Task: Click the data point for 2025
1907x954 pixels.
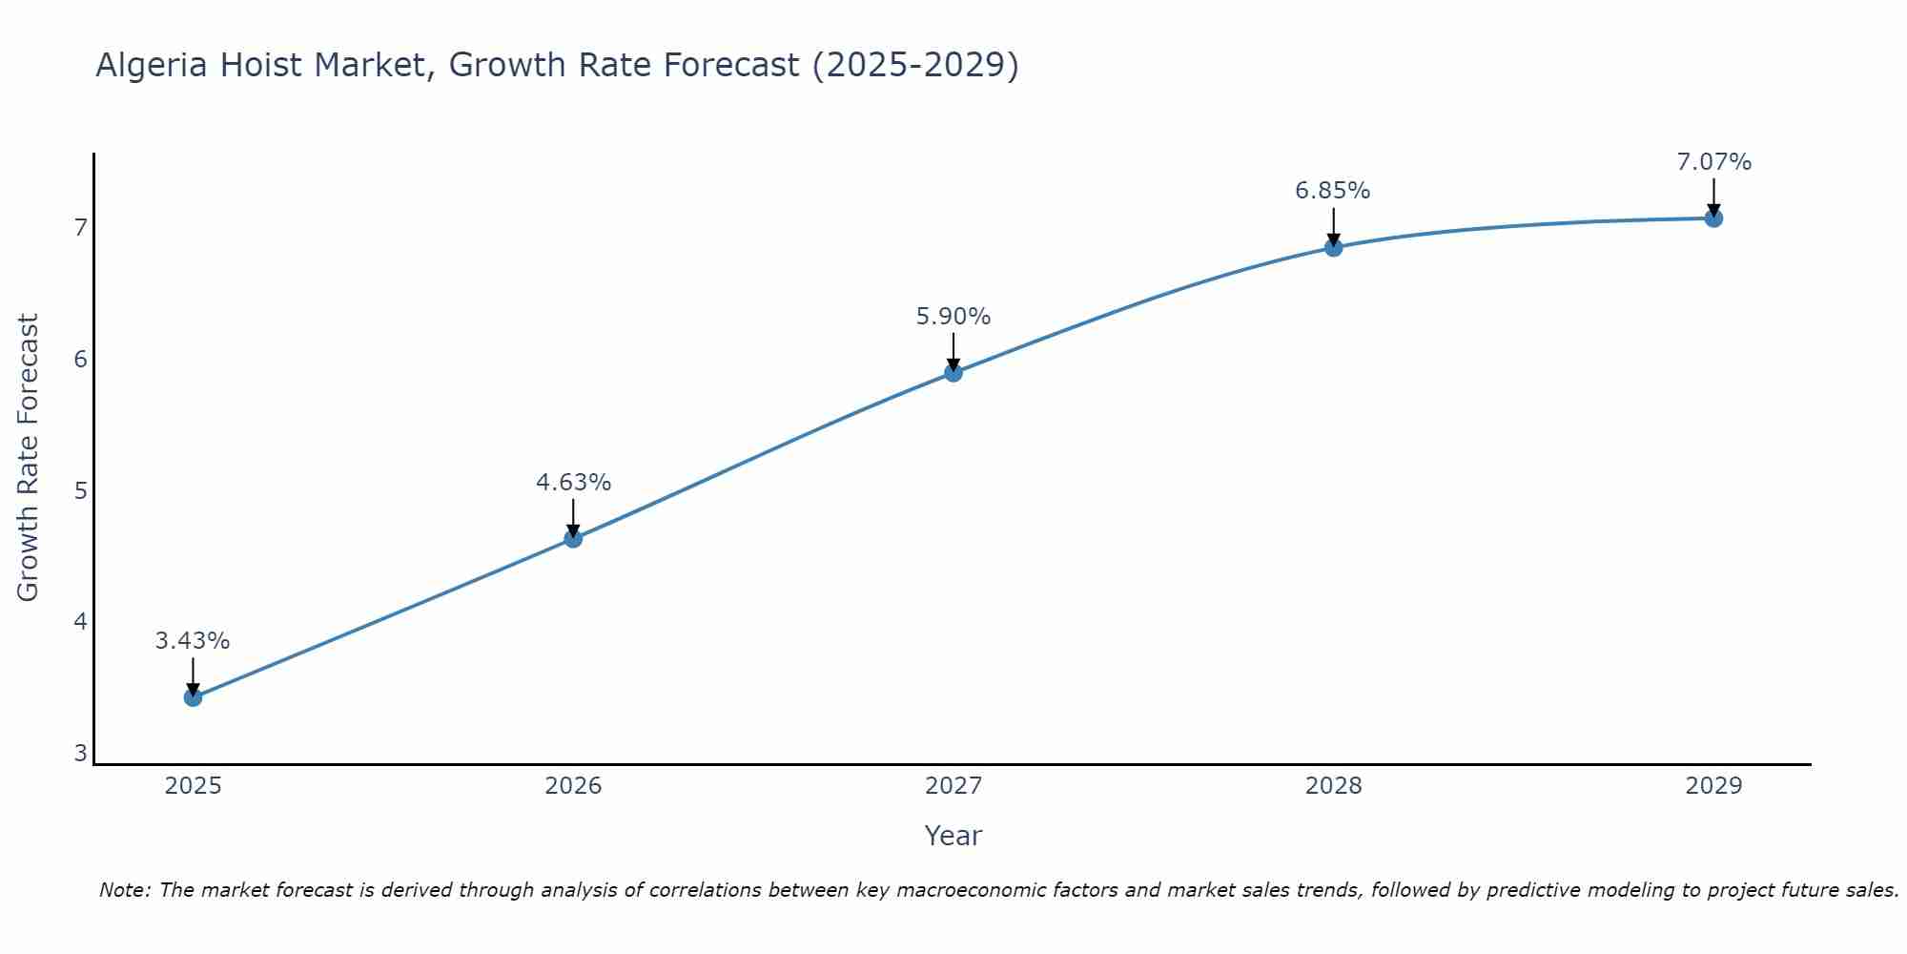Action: pyautogui.click(x=193, y=697)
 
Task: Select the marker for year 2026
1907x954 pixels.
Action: pyautogui.click(x=573, y=539)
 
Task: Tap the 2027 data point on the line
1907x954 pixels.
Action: pyautogui.click(x=953, y=373)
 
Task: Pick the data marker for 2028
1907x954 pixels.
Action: pyautogui.click(x=1333, y=248)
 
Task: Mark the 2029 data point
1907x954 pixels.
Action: pyautogui.click(x=1713, y=218)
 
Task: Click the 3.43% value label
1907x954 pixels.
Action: pyautogui.click(x=193, y=641)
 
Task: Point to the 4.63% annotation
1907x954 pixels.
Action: pyautogui.click(x=573, y=483)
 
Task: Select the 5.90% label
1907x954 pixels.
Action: pyautogui.click(x=953, y=317)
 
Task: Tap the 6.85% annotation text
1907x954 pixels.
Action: pyautogui.click(x=1332, y=191)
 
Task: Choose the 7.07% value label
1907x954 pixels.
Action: pyautogui.click(x=1713, y=162)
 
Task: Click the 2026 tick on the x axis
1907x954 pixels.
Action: pyautogui.click(x=573, y=786)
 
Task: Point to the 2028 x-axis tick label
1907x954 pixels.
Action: pyautogui.click(x=1333, y=786)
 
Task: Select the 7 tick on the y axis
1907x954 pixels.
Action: pyautogui.click(x=81, y=227)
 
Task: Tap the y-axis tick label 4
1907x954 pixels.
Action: pyautogui.click(x=81, y=622)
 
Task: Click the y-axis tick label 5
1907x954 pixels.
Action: pyautogui.click(x=81, y=490)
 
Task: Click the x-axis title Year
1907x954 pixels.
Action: pyautogui.click(x=953, y=836)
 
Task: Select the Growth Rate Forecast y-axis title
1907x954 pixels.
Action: pyautogui.click(x=29, y=458)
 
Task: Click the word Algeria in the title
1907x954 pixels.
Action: pyautogui.click(x=152, y=65)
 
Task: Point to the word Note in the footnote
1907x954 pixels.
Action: pyautogui.click(x=124, y=890)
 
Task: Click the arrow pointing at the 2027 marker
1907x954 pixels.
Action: pyautogui.click(x=953, y=351)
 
